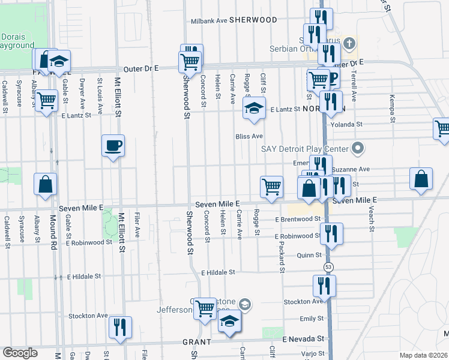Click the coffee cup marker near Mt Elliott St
tap(113, 146)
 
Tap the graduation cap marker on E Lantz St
tap(254, 109)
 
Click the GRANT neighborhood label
tap(196, 341)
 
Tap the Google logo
tap(20, 353)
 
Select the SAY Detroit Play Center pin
tap(358, 148)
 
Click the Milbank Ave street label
tap(209, 20)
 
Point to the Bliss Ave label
tap(249, 136)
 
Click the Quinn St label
tap(310, 254)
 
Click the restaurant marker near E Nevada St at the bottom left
tap(120, 328)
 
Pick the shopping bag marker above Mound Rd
tap(46, 185)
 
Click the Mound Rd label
tap(53, 230)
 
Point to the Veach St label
tap(372, 221)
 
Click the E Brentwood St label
tap(298, 220)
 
